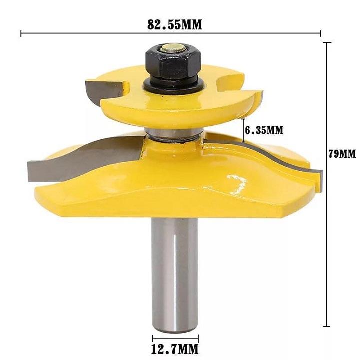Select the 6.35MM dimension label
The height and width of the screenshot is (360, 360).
pyautogui.click(x=264, y=130)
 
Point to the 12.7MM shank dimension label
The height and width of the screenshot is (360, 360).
pyautogui.click(x=175, y=348)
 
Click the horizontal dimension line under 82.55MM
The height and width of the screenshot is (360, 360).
pyautogui.click(x=170, y=34)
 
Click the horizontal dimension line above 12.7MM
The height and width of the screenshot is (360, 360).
pyautogui.click(x=175, y=336)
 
